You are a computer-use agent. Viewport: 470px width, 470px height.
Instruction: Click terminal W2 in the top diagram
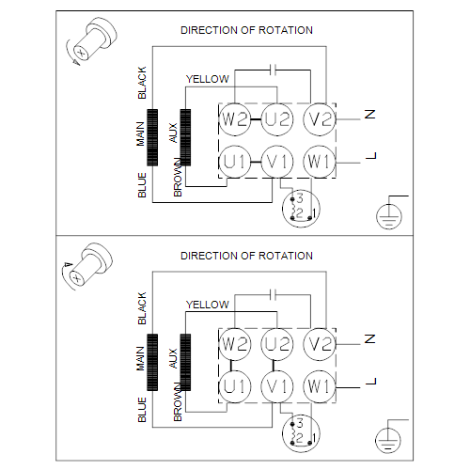(x=235, y=119)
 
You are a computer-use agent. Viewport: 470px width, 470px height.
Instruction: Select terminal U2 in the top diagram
(x=277, y=119)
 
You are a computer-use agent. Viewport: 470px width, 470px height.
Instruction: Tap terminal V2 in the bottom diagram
(x=320, y=344)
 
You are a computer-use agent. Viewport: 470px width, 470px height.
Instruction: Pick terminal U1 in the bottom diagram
(x=235, y=386)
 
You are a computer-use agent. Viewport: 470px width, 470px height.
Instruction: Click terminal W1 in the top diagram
(x=320, y=162)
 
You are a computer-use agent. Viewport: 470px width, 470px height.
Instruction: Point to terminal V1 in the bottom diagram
(x=277, y=386)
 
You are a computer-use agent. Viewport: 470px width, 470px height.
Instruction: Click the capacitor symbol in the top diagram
(x=274, y=70)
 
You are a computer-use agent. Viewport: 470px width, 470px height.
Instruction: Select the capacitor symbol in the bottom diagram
(x=274, y=295)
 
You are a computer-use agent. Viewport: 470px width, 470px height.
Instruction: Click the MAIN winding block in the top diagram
(x=152, y=137)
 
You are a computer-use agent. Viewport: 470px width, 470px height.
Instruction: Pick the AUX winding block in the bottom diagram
(x=185, y=362)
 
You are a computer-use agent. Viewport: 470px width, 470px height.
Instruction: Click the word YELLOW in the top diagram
(x=208, y=79)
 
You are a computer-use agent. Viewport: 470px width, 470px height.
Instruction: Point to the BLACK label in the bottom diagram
(x=142, y=308)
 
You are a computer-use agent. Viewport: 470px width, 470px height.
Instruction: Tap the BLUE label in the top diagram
(x=142, y=185)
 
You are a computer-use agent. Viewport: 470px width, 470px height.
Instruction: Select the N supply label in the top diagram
(x=370, y=115)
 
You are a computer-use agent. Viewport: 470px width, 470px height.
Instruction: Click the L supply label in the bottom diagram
(x=371, y=382)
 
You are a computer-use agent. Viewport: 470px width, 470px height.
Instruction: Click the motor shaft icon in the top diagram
(x=91, y=41)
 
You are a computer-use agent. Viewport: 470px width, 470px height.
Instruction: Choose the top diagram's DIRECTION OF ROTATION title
(x=246, y=30)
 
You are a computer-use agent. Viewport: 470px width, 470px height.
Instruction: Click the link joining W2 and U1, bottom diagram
(x=231, y=366)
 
